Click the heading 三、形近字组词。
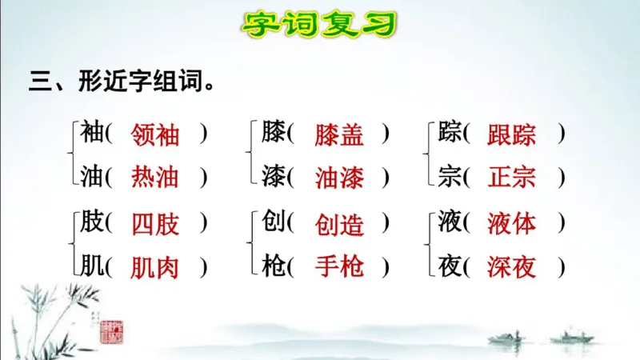(122, 82)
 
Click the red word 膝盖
(339, 134)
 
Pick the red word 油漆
(339, 178)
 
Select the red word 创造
(339, 224)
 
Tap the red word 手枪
(339, 266)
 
